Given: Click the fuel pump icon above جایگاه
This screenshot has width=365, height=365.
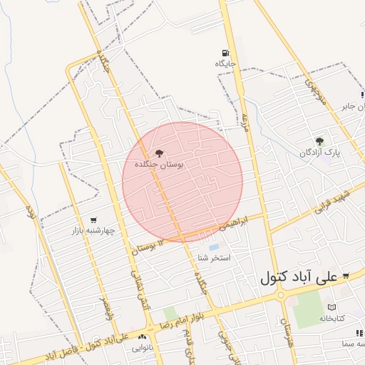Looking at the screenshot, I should (225, 53).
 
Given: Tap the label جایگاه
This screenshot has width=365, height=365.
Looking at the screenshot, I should (225, 64).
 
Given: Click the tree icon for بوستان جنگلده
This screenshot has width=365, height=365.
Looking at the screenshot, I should (158, 153).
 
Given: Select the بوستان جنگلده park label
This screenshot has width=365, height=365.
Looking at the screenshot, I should (159, 165).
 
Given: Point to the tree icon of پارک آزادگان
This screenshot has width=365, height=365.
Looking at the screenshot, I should (319, 141).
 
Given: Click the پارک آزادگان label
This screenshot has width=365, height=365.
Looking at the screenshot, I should (320, 153).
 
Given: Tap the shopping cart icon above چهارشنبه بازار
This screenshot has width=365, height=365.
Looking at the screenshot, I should (94, 220).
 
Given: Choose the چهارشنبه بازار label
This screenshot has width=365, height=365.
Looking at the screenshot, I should (93, 231).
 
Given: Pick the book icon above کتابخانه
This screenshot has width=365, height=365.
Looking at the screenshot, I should (332, 307).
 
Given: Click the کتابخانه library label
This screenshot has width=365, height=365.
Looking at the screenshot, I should (331, 318).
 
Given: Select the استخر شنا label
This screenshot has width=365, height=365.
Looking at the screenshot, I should (214, 257).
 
